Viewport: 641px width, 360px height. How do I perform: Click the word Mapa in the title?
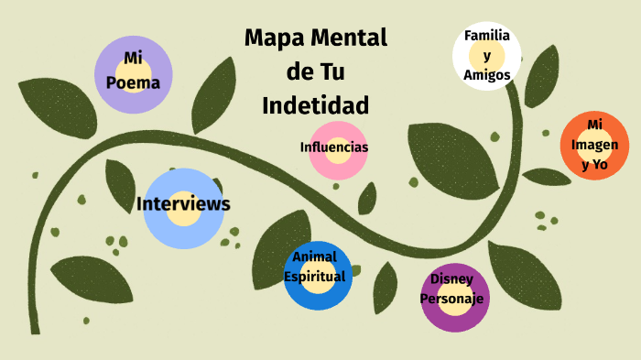pos(274,38)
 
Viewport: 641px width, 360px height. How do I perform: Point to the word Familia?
pos(487,36)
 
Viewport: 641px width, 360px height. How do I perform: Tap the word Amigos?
pos(487,76)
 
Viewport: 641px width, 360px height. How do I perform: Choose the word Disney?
pos(451,278)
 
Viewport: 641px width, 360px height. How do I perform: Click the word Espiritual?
pos(314,276)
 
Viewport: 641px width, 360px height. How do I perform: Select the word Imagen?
pos(595,145)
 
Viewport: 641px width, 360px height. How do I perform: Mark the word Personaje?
pos(451,298)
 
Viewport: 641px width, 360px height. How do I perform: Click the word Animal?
pos(314,256)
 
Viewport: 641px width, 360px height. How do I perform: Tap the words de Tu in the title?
pos(315,71)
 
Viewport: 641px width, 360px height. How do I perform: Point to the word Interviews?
pos(183,203)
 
